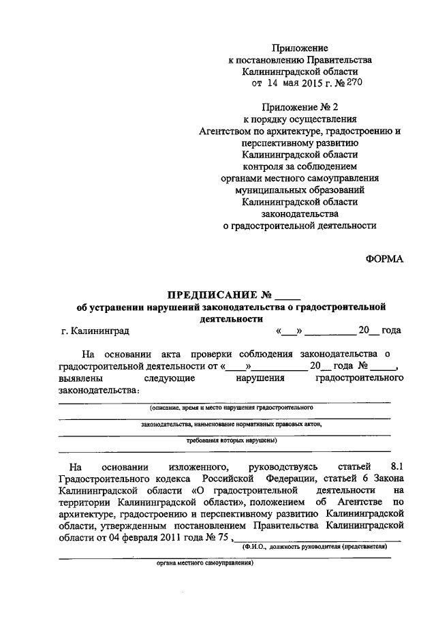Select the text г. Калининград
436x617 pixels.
click(x=94, y=331)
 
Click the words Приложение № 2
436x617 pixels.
click(x=300, y=106)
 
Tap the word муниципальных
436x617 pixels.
click(x=266, y=190)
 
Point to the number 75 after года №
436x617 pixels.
click(x=221, y=537)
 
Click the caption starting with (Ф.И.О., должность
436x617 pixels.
click(x=315, y=547)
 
